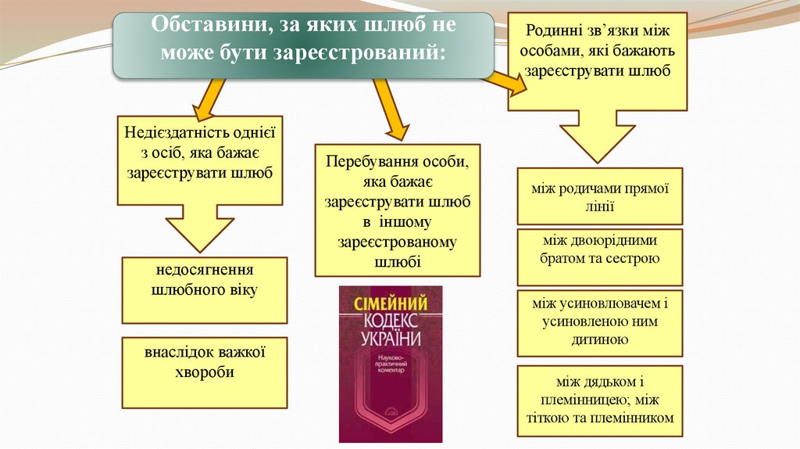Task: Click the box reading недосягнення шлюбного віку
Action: (x=205, y=289)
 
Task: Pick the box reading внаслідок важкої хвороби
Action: (x=205, y=372)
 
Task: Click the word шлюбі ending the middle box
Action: (x=398, y=262)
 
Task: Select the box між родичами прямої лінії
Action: (x=599, y=196)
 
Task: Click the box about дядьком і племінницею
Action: (x=599, y=400)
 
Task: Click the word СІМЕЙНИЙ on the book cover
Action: (x=390, y=304)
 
